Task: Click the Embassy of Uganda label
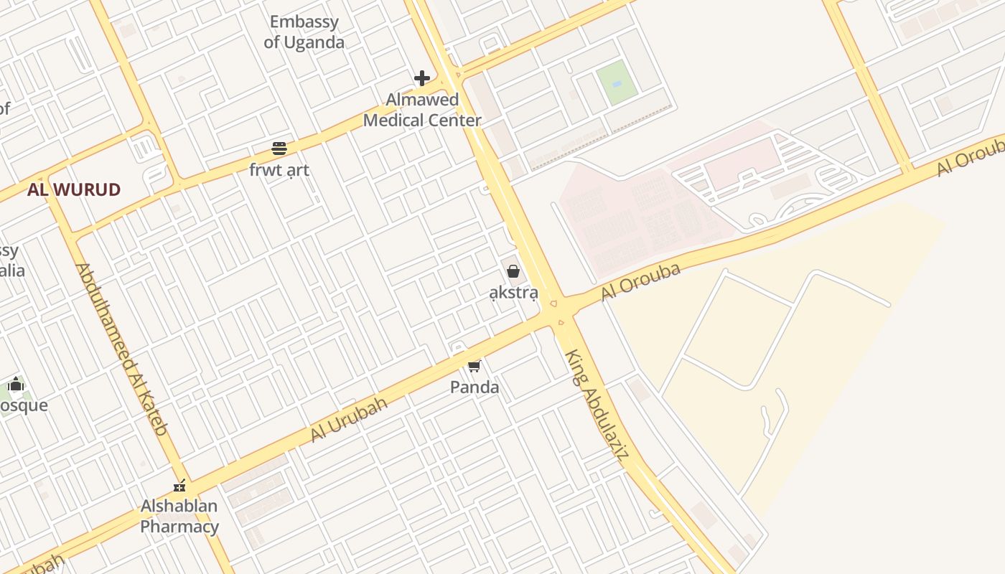point(304,32)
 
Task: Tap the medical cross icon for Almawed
point(422,77)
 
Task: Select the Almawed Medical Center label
point(422,110)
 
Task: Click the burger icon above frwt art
point(279,149)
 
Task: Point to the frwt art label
point(279,170)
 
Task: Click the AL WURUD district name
point(74,190)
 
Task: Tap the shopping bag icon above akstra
point(513,271)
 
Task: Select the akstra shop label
point(513,292)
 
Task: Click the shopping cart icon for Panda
point(474,367)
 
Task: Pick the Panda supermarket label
point(475,387)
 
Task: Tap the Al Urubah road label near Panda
point(349,419)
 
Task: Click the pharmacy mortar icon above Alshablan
point(179,486)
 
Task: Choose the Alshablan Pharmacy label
point(179,517)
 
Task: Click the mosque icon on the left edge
point(16,385)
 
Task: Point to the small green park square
point(617,81)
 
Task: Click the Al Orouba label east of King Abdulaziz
point(640,282)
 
